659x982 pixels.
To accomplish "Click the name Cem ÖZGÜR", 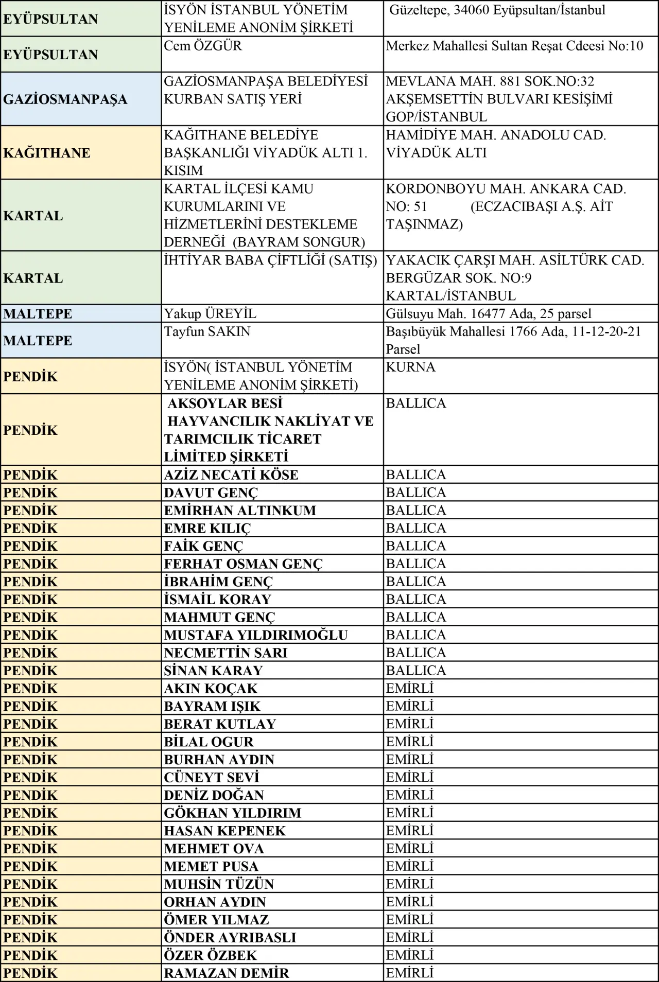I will coord(203,46).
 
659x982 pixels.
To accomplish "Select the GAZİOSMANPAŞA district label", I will coord(65,99).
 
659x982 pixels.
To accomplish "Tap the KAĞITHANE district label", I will coord(47,153).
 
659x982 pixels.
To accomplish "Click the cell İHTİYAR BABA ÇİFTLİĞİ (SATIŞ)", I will coord(270,260).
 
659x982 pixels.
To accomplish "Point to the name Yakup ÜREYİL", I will coord(210,313).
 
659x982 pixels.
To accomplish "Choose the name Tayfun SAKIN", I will coord(207,331).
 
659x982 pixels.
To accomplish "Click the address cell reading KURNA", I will coord(410,367).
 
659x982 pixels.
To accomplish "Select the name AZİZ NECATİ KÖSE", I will coord(231,475).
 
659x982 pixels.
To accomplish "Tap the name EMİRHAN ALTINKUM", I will coord(240,511).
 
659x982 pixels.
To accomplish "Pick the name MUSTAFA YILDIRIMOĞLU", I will coord(256,635).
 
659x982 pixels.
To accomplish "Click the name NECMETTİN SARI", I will coord(226,653).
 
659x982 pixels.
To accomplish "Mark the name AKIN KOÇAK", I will coord(211,689).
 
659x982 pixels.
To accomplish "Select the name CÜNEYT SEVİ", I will coord(212,777).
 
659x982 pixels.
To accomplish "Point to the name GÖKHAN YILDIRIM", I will coord(233,813).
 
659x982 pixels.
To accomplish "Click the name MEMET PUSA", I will coord(211,866).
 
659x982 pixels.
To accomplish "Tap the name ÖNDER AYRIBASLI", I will coord(230,937).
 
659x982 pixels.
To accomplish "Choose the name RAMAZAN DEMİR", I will coord(227,973).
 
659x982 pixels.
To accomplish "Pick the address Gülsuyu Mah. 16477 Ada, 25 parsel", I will coord(489,313).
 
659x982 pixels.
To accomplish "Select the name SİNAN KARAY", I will coord(213,671).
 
